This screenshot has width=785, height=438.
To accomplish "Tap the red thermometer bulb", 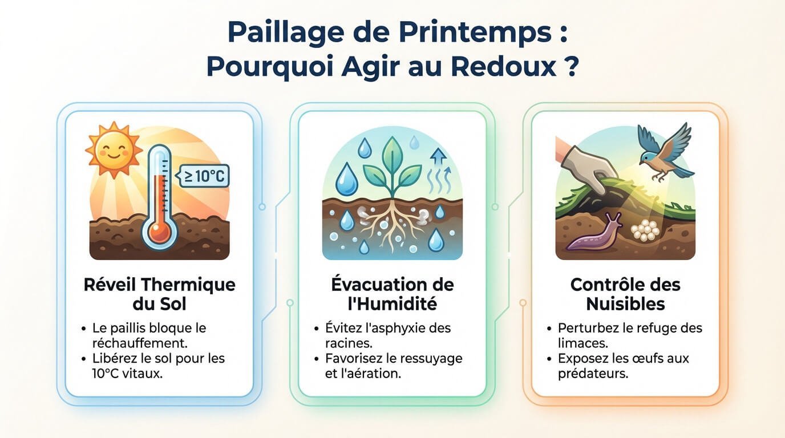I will (x=159, y=232).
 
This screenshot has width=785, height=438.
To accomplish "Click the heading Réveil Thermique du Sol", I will (x=159, y=294).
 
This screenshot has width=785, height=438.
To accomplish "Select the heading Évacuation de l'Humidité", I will (x=392, y=294).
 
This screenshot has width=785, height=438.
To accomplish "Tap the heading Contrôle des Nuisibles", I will (x=625, y=294).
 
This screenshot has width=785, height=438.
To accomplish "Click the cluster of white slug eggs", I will (x=646, y=229).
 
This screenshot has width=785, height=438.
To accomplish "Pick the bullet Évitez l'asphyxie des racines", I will (x=387, y=335).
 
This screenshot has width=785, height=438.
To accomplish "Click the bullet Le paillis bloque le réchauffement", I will (x=149, y=335).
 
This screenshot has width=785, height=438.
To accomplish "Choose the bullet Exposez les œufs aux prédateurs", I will (x=623, y=366).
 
